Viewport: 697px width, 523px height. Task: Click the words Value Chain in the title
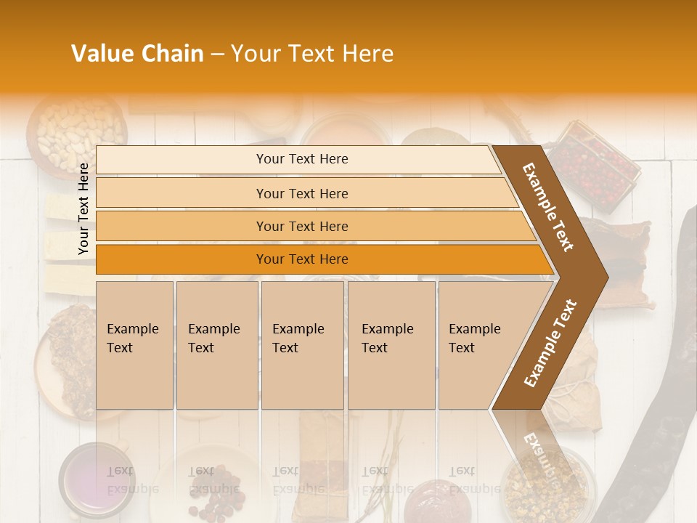tap(137, 54)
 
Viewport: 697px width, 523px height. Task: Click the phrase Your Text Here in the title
tap(312, 54)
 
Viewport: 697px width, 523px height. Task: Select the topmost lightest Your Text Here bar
tap(301, 159)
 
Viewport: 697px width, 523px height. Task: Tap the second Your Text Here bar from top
tap(301, 193)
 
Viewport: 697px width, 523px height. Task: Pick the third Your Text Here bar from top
tap(301, 226)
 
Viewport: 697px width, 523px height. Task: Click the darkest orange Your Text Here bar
tap(301, 259)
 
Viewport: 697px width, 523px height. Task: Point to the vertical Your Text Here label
tap(83, 208)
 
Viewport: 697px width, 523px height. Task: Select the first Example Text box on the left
tap(134, 344)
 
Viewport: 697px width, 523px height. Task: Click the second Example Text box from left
tap(216, 344)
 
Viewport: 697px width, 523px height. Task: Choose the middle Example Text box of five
tap(302, 344)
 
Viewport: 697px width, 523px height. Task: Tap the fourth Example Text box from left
tap(391, 344)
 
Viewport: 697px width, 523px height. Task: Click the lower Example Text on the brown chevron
tap(550, 343)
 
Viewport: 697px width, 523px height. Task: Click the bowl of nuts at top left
tap(76, 131)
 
